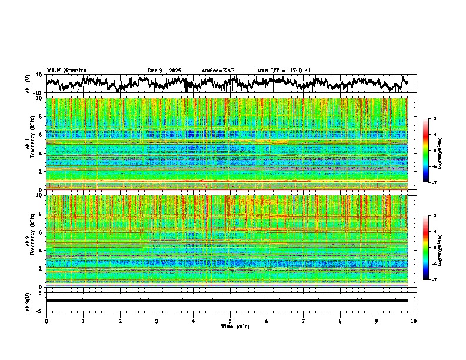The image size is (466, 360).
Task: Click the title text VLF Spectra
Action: point(66,70)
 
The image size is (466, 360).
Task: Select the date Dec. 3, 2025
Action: point(164,71)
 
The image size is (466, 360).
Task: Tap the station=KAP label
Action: point(218,71)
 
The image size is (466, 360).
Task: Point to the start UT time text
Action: point(284,71)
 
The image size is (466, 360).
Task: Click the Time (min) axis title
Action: point(230,326)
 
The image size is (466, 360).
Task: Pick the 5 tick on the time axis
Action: point(230,321)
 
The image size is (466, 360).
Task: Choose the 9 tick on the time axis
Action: point(377,321)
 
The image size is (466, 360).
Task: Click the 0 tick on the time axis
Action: point(46,321)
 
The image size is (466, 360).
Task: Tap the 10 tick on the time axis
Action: point(414,321)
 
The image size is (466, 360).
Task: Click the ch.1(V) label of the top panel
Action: point(28,84)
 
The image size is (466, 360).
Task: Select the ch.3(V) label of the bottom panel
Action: point(28,300)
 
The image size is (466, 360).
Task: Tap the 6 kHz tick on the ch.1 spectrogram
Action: point(42,135)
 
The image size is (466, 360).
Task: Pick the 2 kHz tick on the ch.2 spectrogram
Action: point(42,268)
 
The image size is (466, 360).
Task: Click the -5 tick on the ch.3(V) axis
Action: point(40,309)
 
